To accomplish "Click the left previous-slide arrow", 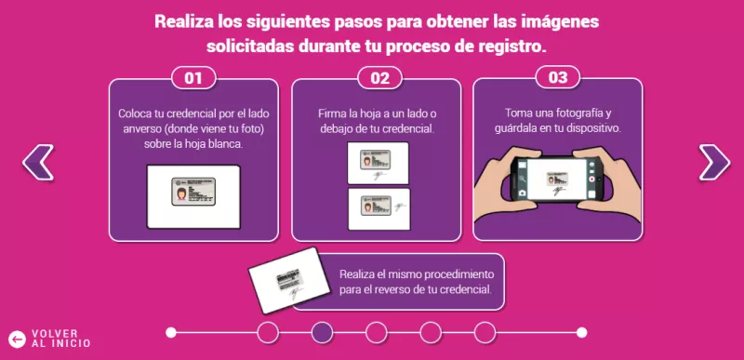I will (38, 162).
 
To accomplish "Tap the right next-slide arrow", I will (712, 162).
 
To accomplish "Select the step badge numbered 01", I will (193, 78).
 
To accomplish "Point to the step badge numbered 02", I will (379, 78).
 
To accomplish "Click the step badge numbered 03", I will (557, 78).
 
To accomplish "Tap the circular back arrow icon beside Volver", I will (16, 339).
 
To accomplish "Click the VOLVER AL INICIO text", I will (61, 339).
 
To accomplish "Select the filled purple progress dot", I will (322, 332).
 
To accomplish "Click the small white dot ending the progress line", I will (581, 332).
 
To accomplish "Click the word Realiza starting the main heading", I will (185, 20).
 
